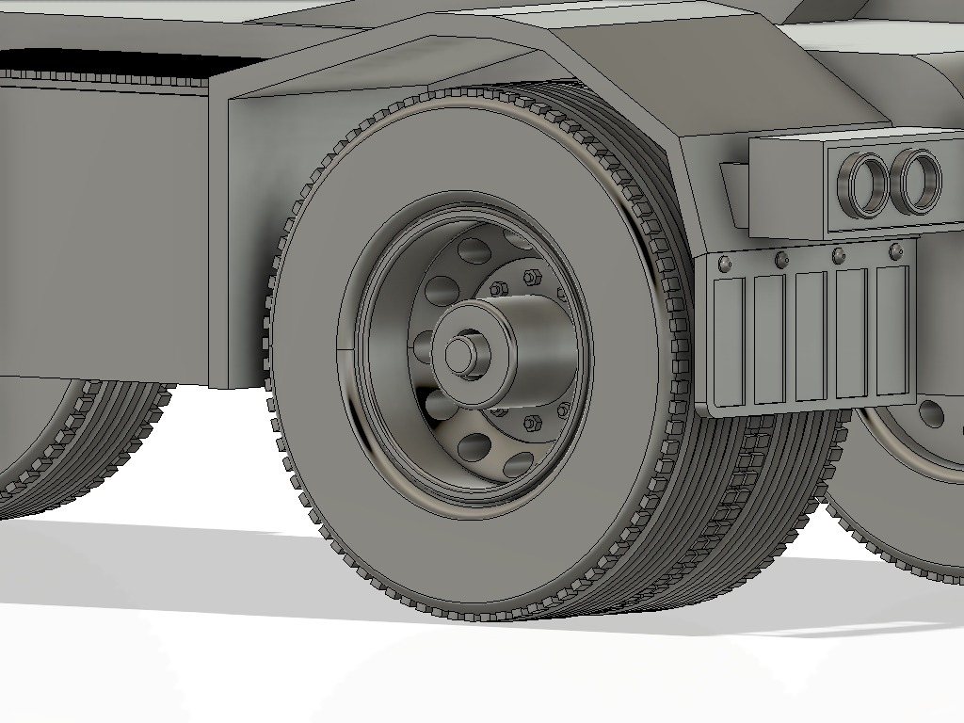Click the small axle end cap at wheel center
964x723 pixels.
pyautogui.click(x=460, y=354)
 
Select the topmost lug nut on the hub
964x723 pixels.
pyautogui.click(x=530, y=277)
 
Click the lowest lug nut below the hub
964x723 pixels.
pyautogui.click(x=532, y=422)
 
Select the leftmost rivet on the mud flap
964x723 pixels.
pyautogui.click(x=723, y=262)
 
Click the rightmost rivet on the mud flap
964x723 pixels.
pyautogui.click(x=896, y=252)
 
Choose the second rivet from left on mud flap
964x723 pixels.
pyautogui.click(x=780, y=259)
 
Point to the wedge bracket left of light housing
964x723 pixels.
pyautogui.click(x=733, y=193)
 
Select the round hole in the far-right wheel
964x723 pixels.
pyautogui.click(x=931, y=413)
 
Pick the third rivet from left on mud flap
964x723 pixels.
pyautogui.click(x=838, y=256)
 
